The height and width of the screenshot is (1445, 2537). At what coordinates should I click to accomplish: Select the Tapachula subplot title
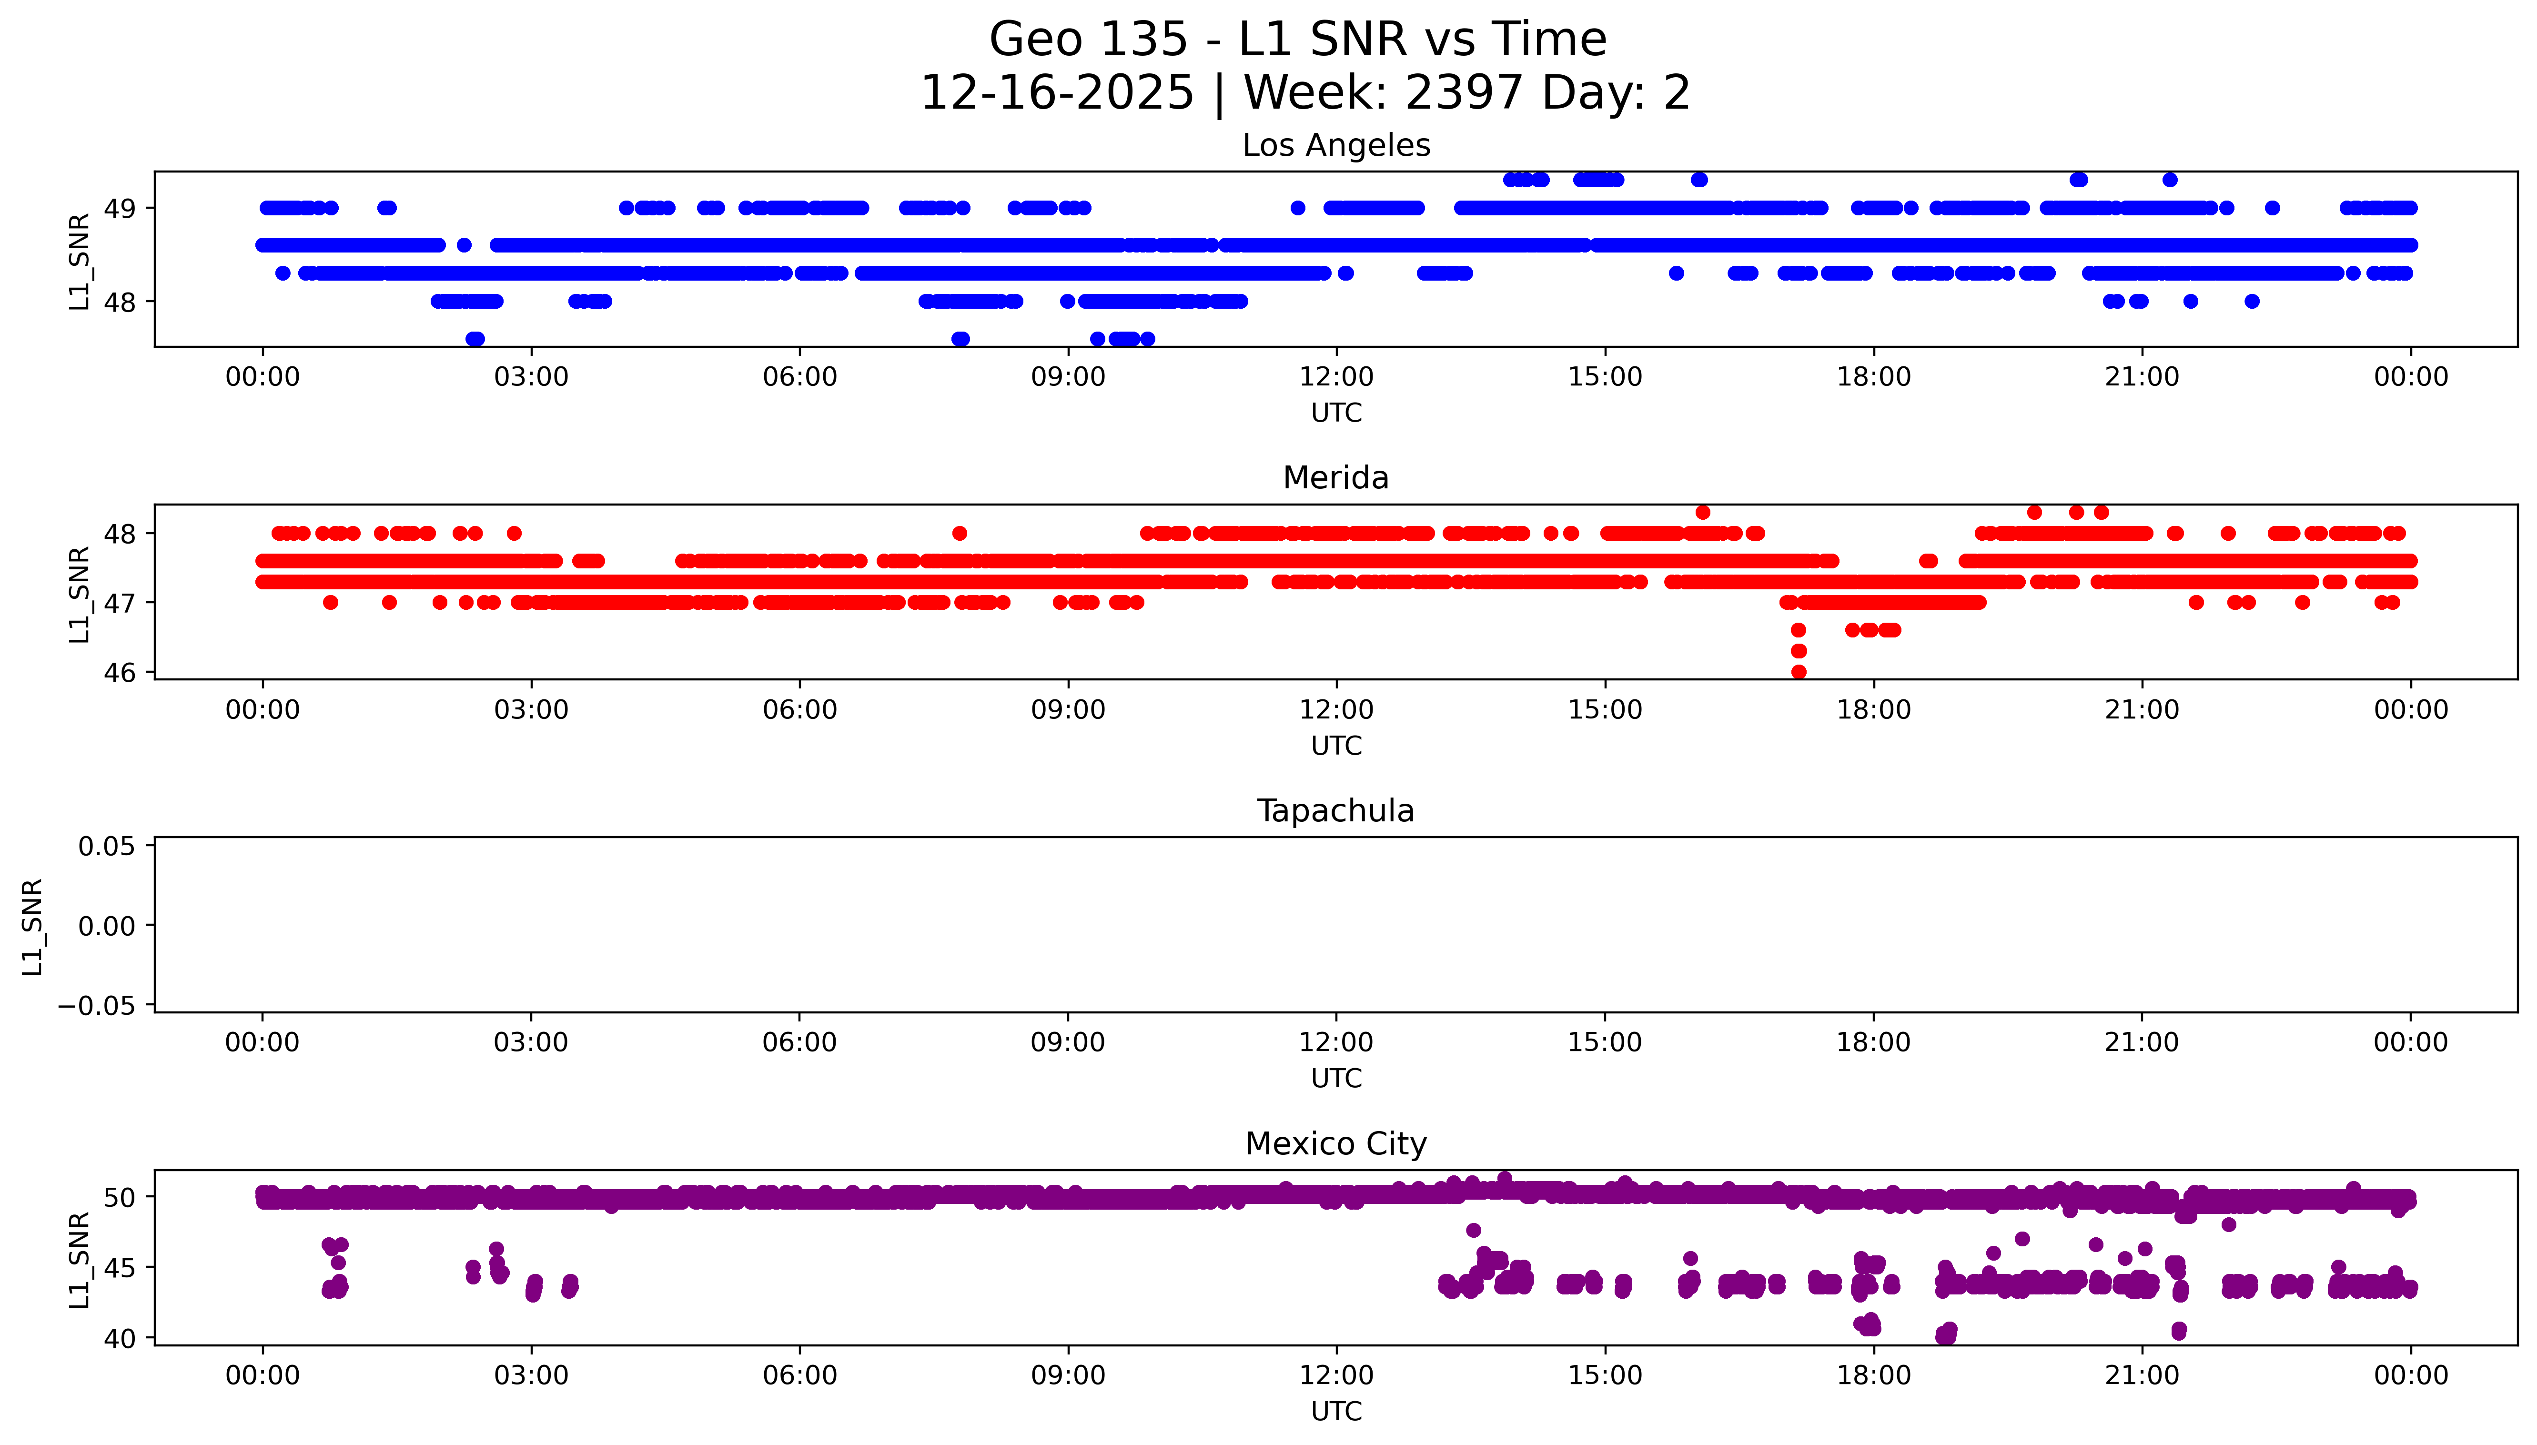(x=1335, y=811)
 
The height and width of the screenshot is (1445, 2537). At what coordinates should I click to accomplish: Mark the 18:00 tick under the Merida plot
(x=1873, y=709)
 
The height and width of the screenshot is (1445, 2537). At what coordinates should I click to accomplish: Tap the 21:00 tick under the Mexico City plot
(x=2141, y=1375)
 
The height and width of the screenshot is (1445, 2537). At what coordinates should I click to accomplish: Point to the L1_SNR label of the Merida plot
(x=80, y=594)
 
